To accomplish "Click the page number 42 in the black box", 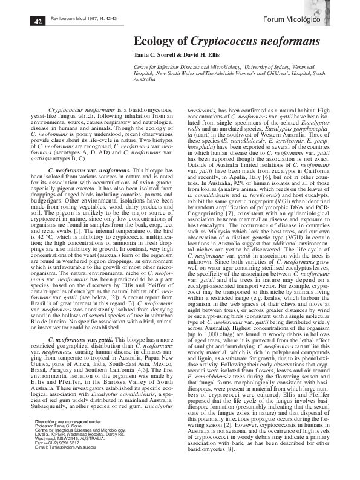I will [37, 22].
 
